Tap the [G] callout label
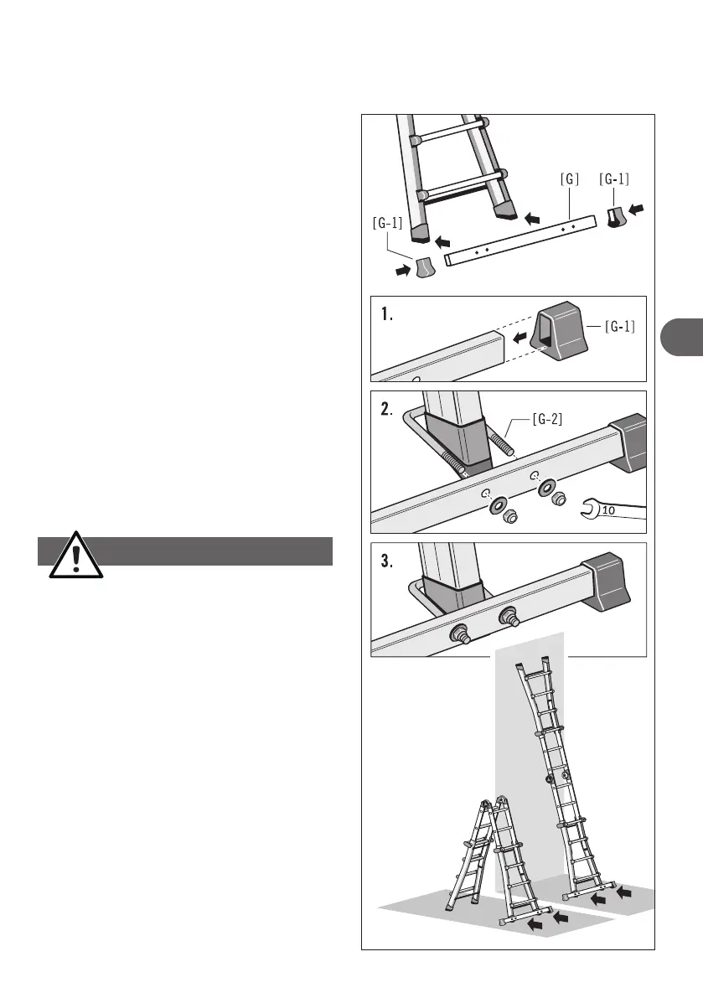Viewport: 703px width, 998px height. point(570,178)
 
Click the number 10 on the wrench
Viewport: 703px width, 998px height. point(609,509)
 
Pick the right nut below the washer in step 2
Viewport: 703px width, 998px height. point(556,499)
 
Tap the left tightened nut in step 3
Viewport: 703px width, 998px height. point(460,633)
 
